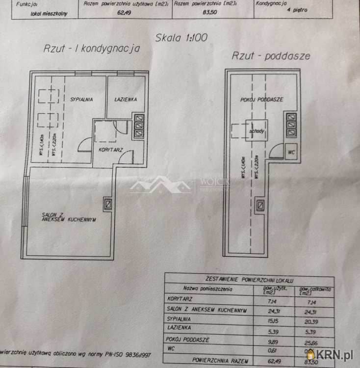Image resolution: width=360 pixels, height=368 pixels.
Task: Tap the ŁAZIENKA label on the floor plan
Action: point(126,99)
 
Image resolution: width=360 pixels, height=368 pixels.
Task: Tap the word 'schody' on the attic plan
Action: point(257,131)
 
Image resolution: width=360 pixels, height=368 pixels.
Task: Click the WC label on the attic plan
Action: point(291,152)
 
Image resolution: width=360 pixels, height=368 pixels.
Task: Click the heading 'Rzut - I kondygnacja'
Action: point(91,49)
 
